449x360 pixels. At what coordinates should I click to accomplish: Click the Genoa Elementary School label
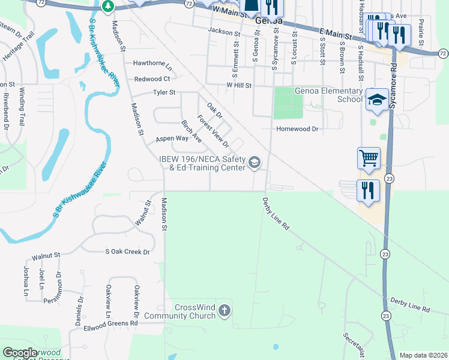[x=328, y=95]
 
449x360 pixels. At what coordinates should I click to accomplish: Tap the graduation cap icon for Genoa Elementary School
[x=377, y=100]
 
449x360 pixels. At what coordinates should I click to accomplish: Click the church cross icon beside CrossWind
[x=224, y=311]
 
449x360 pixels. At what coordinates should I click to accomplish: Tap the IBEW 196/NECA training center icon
[x=255, y=163]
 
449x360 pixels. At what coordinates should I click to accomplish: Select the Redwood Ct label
[x=152, y=79]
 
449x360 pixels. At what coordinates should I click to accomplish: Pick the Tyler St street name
[x=164, y=93]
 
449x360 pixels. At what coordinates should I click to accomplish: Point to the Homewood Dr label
[x=297, y=129]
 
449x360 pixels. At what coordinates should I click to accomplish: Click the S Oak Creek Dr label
[x=127, y=252]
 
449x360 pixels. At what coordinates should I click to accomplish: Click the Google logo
[x=20, y=353]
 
